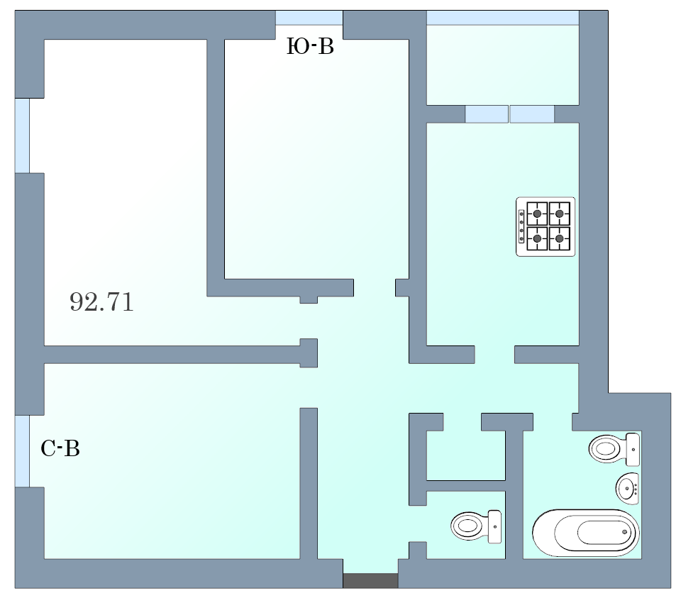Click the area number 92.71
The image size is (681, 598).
pyautogui.click(x=101, y=301)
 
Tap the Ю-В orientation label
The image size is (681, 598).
pyautogui.click(x=310, y=46)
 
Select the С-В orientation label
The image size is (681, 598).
pyautogui.click(x=60, y=448)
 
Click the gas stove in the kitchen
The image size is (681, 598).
pyautogui.click(x=546, y=226)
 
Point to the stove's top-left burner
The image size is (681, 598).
pyautogui.click(x=537, y=214)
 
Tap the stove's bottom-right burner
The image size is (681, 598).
pyautogui.click(x=560, y=238)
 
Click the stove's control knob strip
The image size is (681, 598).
pyautogui.click(x=521, y=226)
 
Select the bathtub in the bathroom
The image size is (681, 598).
pyautogui.click(x=586, y=533)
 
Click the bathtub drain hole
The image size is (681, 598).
pyautogui.click(x=625, y=532)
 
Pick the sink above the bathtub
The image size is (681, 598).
pyautogui.click(x=628, y=489)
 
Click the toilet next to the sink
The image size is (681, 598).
pyautogui.click(x=614, y=448)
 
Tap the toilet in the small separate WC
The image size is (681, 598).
pyautogui.click(x=476, y=526)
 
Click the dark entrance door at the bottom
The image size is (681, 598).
pyautogui.click(x=370, y=581)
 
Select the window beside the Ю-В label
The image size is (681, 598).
pyautogui.click(x=309, y=18)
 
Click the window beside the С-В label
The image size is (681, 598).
pyautogui.click(x=23, y=451)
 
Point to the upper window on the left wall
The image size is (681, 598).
pyautogui.click(x=23, y=135)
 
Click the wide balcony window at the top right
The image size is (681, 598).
pyautogui.click(x=503, y=18)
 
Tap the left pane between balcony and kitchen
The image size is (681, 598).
pyautogui.click(x=487, y=113)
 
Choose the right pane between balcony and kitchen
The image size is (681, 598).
pyautogui.click(x=532, y=113)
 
